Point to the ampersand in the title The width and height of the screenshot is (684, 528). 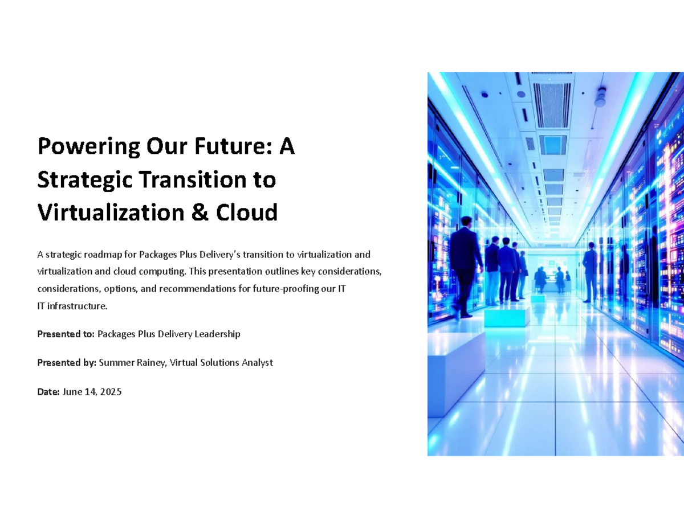point(199,213)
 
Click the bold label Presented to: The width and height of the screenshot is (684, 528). point(66,334)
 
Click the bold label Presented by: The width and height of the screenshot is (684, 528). point(67,362)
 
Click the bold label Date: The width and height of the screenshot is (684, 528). point(48,392)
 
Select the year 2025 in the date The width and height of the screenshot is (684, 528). point(110,392)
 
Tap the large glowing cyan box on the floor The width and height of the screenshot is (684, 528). point(506,317)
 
